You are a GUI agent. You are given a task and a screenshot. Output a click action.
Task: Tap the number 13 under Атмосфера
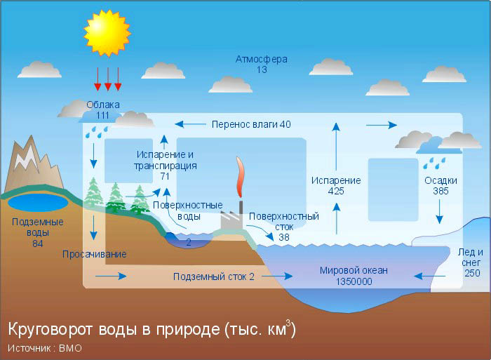point(262,70)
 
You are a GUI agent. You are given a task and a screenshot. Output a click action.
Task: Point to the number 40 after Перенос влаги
point(284,124)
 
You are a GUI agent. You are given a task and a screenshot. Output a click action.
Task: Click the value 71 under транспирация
point(165,177)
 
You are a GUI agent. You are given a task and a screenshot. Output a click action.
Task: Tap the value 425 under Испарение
point(336,191)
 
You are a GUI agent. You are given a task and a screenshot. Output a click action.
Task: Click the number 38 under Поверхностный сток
point(284,237)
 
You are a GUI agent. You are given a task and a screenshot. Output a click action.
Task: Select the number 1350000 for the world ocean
point(354,281)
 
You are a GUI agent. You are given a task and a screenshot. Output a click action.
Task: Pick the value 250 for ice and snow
point(471,273)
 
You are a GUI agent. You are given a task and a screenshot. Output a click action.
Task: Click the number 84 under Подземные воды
point(38,243)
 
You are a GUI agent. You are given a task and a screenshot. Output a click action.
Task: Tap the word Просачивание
point(95,254)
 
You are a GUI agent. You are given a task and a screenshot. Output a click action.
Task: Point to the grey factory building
point(232,222)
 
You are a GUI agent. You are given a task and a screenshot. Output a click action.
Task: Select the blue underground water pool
point(38,204)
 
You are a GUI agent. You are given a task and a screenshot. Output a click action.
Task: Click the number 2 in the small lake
point(189,242)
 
